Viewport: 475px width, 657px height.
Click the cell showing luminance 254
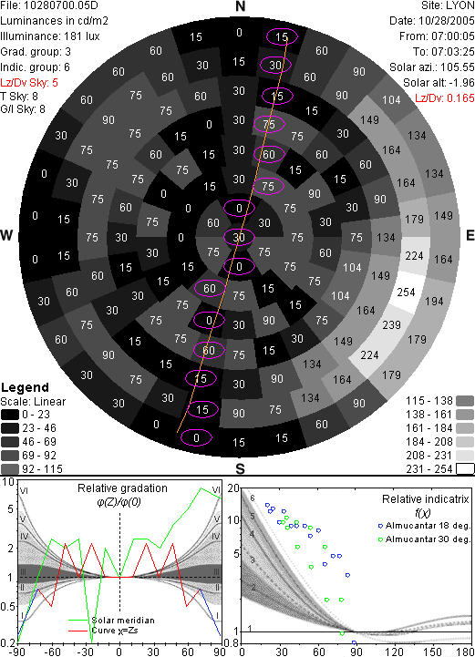click(406, 292)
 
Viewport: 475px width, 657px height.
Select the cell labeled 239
click(391, 324)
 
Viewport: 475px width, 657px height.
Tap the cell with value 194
click(434, 301)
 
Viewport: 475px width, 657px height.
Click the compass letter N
click(240, 6)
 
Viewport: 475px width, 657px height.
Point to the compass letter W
click(6, 235)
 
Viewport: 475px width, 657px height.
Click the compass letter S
click(240, 468)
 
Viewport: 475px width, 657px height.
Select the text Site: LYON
click(448, 5)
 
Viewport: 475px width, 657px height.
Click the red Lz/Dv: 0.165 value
click(445, 98)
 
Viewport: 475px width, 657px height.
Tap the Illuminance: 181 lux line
click(50, 36)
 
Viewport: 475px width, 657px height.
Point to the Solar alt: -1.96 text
click(439, 83)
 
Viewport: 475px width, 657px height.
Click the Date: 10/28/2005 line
click(432, 21)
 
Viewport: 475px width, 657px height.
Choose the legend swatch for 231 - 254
click(465, 468)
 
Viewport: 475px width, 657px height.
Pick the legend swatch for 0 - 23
click(10, 415)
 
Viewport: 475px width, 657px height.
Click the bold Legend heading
click(26, 387)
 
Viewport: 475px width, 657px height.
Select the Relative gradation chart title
click(122, 488)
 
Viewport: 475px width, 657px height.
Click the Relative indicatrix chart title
click(426, 499)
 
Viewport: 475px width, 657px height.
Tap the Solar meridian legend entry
click(123, 621)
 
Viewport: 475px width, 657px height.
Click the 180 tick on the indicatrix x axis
click(466, 652)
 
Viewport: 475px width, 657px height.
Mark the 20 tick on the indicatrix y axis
click(233, 488)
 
